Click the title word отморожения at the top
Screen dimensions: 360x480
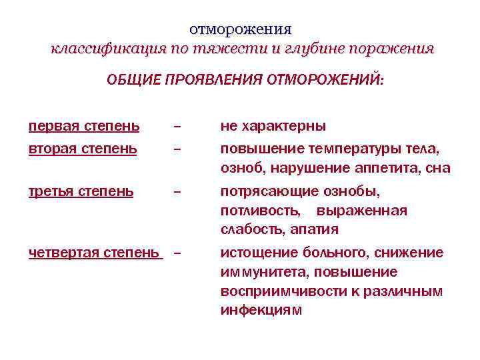tap(241, 29)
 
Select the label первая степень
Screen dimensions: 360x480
tap(84, 126)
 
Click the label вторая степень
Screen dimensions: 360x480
tap(83, 149)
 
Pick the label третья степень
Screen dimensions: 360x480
tap(81, 192)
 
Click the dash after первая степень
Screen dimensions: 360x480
tap(177, 127)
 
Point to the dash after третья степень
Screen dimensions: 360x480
tap(177, 193)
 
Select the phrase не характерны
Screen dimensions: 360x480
tap(273, 126)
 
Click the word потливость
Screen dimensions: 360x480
tap(258, 211)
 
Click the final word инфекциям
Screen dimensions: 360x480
tap(261, 310)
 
